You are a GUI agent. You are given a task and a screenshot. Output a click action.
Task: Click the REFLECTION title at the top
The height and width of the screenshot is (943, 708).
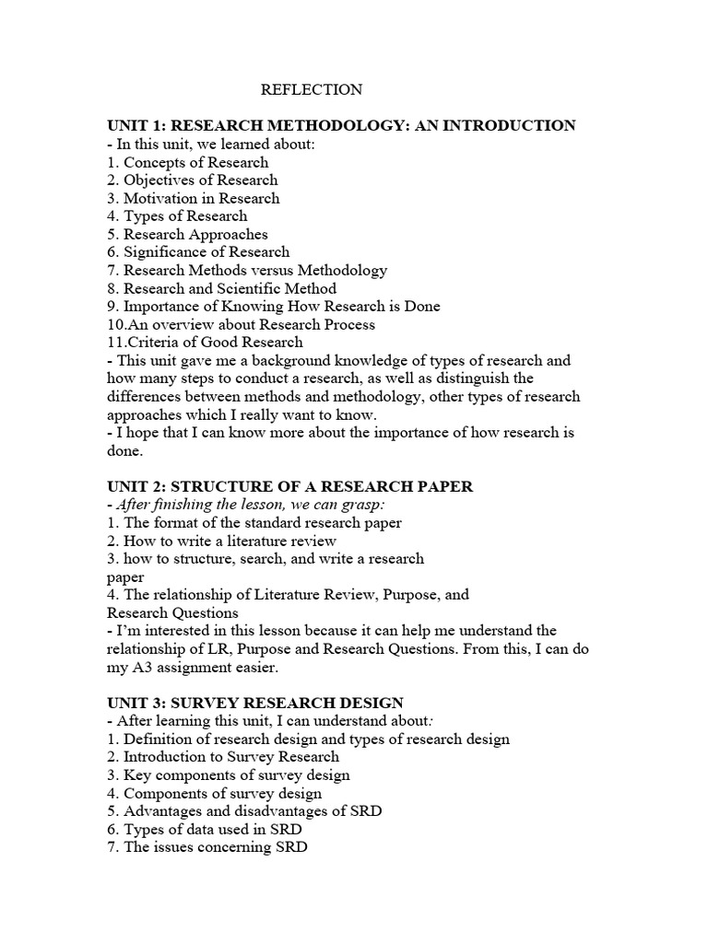(x=312, y=89)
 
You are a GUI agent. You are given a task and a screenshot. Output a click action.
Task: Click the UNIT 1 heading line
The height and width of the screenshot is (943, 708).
(x=341, y=125)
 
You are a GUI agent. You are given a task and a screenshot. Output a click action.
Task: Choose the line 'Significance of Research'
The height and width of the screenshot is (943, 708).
(x=206, y=251)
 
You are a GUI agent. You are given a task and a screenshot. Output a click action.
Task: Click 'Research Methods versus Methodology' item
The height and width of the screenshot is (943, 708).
(x=255, y=270)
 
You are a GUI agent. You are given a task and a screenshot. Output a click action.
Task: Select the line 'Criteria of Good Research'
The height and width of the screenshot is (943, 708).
(x=205, y=342)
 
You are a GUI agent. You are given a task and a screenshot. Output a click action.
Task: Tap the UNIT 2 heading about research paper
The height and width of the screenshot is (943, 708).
(x=289, y=486)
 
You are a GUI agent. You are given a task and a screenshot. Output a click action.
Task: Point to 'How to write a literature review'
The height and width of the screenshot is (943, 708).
(x=230, y=541)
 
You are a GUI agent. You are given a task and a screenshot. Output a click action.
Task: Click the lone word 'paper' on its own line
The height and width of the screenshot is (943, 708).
(x=125, y=576)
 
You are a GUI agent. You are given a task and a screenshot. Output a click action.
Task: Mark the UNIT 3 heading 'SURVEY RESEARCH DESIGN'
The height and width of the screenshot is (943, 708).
(x=255, y=703)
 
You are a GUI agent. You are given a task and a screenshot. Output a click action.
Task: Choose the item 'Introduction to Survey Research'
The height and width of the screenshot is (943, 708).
(x=231, y=756)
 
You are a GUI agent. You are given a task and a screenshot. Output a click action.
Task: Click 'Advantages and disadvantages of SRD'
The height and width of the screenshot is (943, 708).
(x=253, y=810)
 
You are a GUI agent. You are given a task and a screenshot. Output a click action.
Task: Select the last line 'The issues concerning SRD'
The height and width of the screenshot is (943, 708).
(x=216, y=846)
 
